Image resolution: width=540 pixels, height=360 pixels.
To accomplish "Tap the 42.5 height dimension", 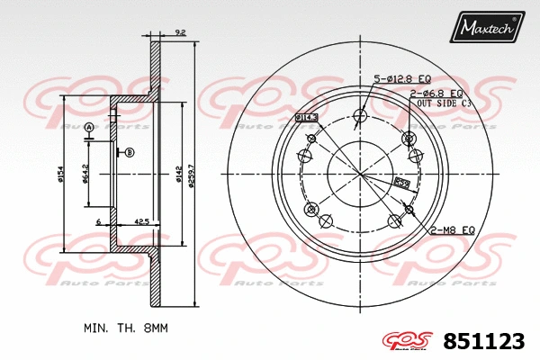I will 142,220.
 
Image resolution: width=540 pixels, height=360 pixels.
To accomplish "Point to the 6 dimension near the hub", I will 97,220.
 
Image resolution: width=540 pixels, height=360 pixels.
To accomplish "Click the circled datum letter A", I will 89,128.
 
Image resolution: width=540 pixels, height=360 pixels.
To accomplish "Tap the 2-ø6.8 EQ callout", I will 437,93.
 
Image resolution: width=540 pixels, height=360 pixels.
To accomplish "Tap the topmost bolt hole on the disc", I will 361,114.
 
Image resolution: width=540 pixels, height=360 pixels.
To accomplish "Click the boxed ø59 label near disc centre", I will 402,184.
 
